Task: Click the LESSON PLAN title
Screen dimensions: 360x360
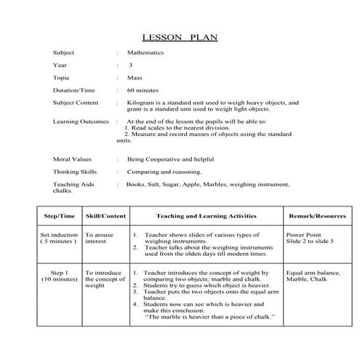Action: [x=179, y=36]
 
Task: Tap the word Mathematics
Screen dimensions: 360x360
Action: [x=145, y=53]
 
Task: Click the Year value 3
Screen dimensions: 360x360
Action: [x=130, y=65]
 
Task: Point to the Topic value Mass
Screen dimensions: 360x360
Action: [x=134, y=77]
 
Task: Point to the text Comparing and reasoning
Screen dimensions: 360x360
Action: [x=164, y=172]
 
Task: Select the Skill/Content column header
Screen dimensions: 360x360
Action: [x=105, y=216]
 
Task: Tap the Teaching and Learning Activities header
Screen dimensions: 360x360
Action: [x=205, y=216]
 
